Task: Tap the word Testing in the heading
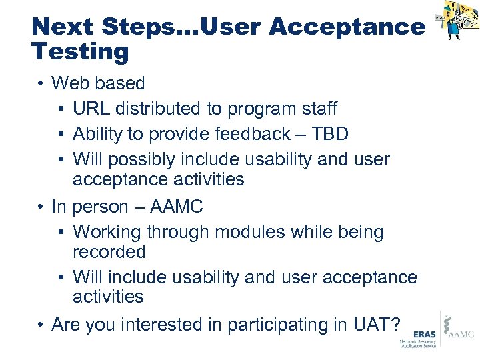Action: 80,51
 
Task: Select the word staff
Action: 317,109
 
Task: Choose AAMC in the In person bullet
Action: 176,207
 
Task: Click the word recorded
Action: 109,251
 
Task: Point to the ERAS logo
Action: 417,337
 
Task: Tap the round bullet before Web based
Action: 41,84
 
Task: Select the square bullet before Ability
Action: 62,135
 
